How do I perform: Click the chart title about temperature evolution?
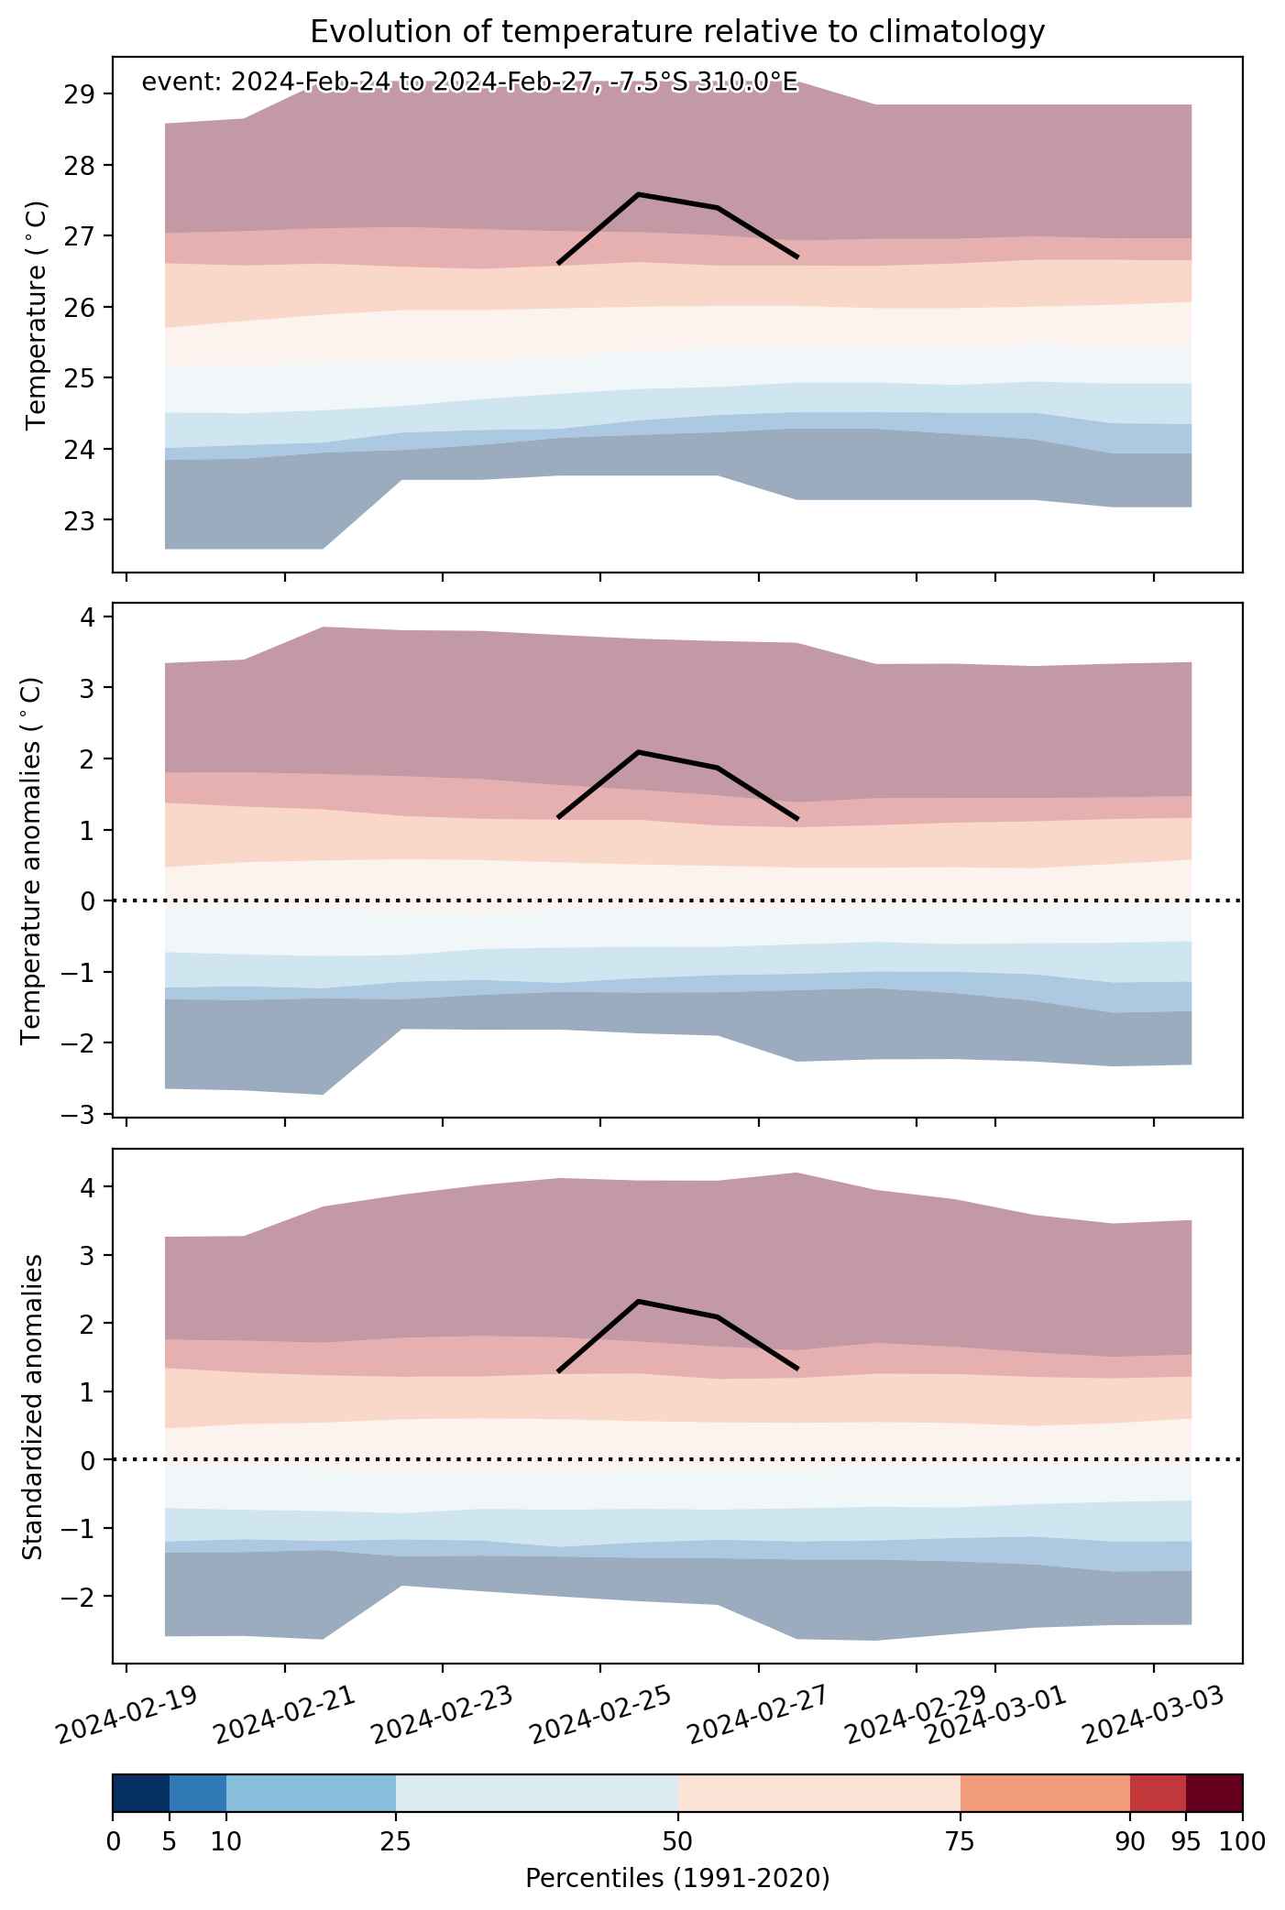677,32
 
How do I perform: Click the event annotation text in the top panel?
470,83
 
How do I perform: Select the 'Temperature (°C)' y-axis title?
36,315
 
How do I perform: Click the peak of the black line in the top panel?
638,194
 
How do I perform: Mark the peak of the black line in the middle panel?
638,752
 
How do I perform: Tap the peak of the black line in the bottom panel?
638,1301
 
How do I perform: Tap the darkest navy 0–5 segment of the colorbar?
141,1792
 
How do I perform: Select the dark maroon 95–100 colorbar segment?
1214,1792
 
